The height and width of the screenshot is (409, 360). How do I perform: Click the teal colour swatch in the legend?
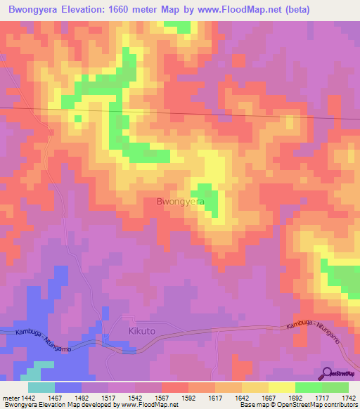[41, 387]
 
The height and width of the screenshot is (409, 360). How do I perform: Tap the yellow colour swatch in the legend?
[281, 387]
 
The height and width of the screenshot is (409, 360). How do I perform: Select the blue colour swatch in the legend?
[68, 387]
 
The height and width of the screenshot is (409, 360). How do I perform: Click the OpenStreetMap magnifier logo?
[326, 373]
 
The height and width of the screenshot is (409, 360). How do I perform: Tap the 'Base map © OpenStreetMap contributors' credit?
[298, 405]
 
